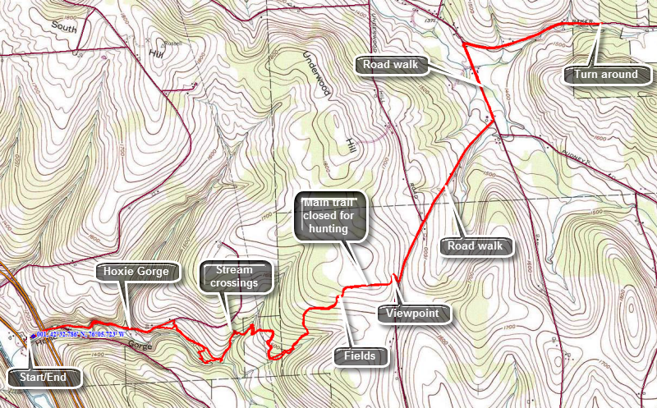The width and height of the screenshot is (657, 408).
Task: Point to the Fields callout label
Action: [x=355, y=356]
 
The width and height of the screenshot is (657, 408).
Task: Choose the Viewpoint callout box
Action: [x=414, y=313]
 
